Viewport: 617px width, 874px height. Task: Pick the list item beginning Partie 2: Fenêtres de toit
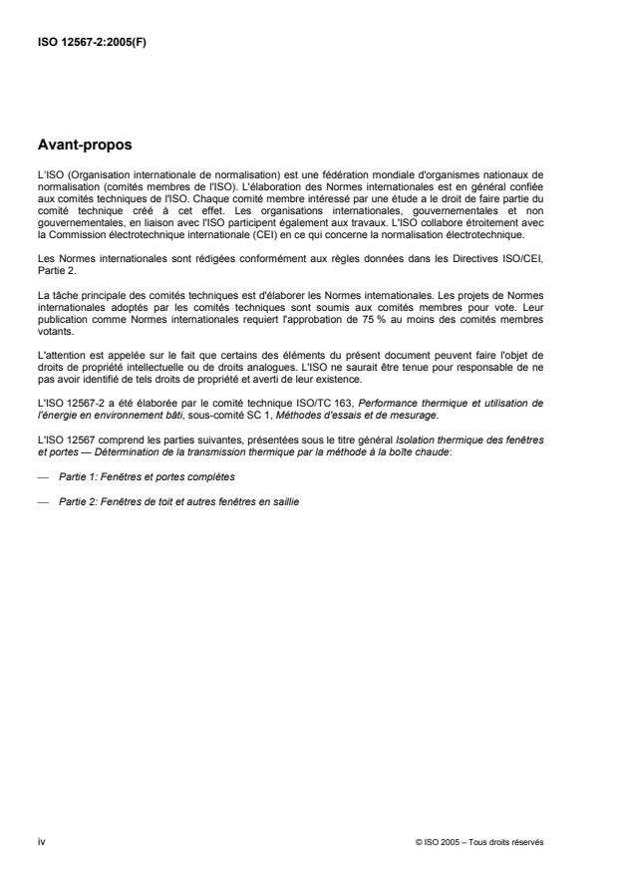pos(179,501)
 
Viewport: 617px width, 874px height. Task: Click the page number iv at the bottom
pos(41,842)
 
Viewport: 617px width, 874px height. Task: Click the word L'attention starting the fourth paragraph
pos(58,357)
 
